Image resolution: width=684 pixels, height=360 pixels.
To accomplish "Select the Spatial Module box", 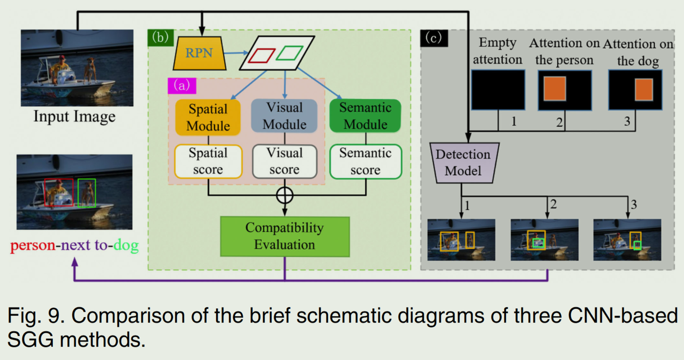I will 208,117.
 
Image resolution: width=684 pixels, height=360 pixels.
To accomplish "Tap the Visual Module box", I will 284,115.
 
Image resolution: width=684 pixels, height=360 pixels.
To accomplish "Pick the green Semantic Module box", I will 365,115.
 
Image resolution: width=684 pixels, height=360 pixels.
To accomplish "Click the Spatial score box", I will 208,161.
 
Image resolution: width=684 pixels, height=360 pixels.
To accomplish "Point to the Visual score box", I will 284,161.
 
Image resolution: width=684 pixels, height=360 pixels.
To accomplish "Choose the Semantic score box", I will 365,161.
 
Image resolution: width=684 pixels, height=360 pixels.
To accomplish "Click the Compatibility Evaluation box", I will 285,236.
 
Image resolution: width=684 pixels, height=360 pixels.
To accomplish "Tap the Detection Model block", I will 463,162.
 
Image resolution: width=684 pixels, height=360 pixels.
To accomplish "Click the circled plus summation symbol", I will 285,195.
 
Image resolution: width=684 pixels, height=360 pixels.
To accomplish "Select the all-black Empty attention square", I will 498,90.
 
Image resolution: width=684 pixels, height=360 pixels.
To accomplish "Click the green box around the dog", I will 87,193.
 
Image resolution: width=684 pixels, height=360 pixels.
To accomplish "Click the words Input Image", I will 74,116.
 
